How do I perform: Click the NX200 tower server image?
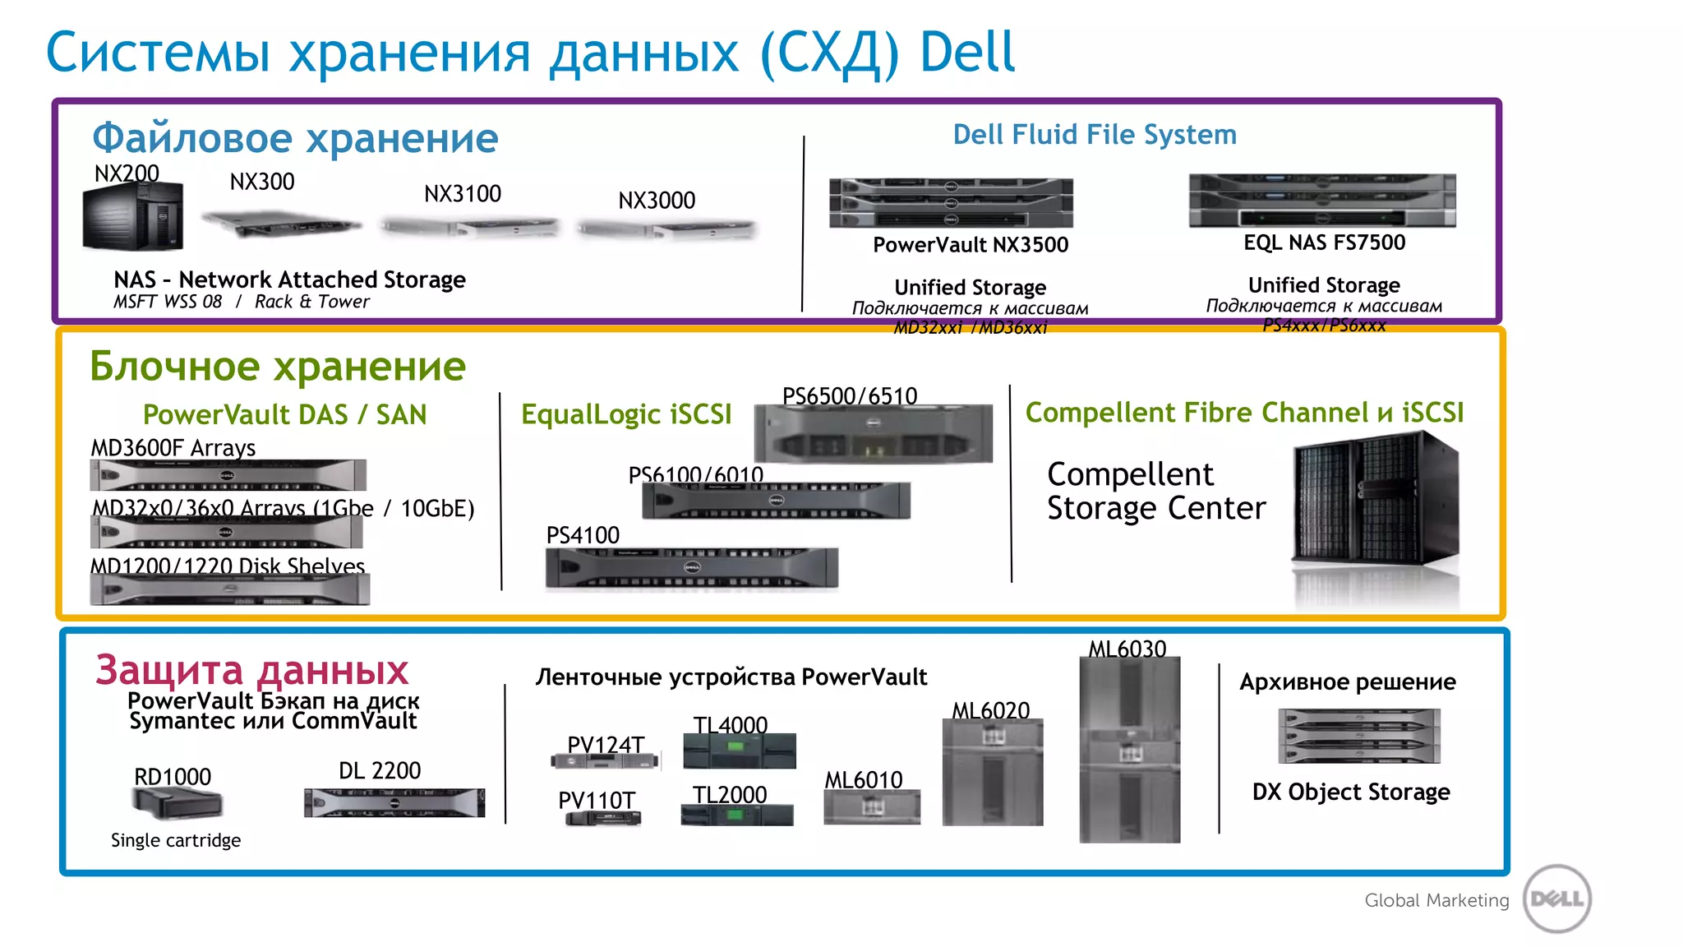click(133, 216)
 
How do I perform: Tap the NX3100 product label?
click(462, 194)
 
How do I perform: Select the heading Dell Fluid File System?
click(1094, 135)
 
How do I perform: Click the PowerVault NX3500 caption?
click(970, 245)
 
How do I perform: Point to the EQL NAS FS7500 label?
click(1323, 243)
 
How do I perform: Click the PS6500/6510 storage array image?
click(873, 434)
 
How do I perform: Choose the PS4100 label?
click(583, 535)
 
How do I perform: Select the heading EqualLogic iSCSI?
click(625, 414)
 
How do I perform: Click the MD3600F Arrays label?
click(173, 448)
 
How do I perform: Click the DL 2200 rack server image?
click(394, 802)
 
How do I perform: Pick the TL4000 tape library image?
click(739, 751)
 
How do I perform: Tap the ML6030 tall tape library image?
click(1129, 748)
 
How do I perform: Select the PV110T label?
click(596, 800)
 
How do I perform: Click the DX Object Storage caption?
click(1350, 792)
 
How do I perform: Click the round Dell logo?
click(1556, 898)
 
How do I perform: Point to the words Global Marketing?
click(1436, 900)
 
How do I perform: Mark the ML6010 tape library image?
click(871, 807)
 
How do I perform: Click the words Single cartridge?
click(176, 840)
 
